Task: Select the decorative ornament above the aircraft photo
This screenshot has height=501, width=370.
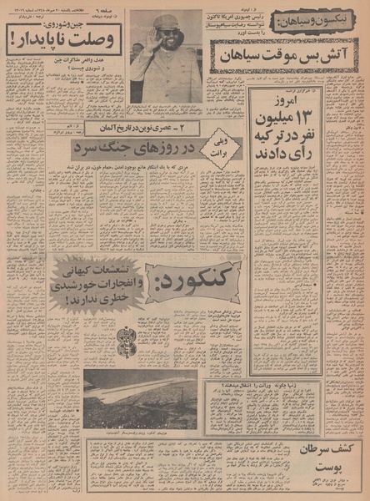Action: [x=127, y=342]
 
